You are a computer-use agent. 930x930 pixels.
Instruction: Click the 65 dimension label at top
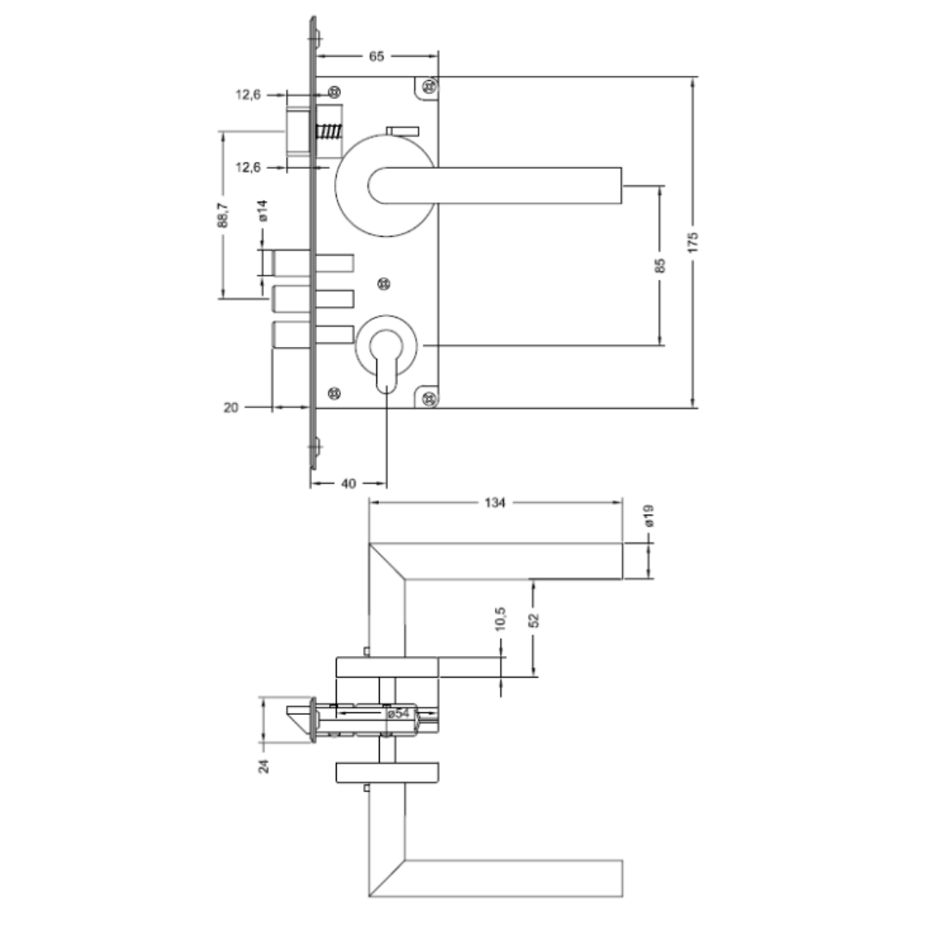point(376,56)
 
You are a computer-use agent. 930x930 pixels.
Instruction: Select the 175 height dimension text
point(692,243)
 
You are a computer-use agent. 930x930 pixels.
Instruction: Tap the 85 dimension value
point(660,265)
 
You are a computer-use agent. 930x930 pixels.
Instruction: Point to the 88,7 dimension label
point(222,214)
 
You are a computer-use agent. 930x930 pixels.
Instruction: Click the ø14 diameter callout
point(263,211)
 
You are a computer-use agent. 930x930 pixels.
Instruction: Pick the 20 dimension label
point(231,407)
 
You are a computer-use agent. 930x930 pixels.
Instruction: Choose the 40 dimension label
point(349,483)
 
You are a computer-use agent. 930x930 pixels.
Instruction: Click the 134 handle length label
point(494,503)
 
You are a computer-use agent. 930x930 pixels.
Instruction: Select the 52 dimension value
point(534,620)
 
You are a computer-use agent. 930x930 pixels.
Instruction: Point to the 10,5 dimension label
point(500,618)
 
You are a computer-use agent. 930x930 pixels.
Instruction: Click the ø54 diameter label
point(399,713)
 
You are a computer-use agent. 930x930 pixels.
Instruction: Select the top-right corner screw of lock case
point(430,87)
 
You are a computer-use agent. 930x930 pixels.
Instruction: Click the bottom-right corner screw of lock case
point(430,399)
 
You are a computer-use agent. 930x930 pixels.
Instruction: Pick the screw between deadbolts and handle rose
point(384,283)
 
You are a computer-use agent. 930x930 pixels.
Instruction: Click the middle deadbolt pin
point(313,299)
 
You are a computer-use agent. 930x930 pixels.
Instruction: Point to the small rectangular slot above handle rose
point(403,131)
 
